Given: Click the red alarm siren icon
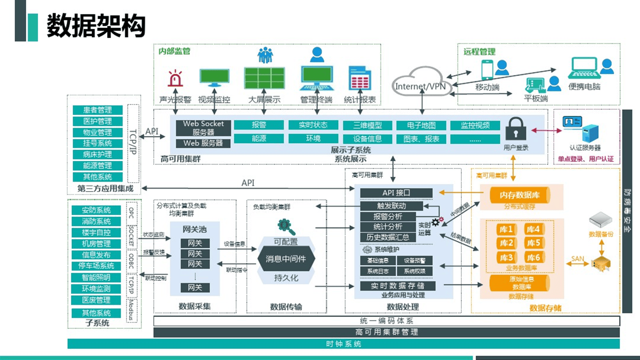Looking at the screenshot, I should pyautogui.click(x=175, y=79).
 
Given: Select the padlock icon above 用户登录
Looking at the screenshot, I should pyautogui.click(x=516, y=129).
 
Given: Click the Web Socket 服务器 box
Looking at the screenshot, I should pyautogui.click(x=203, y=128).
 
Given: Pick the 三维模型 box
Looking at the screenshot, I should pyautogui.click(x=367, y=125).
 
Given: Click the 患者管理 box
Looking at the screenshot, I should pyautogui.click(x=97, y=110).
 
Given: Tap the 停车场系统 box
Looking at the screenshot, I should pyautogui.click(x=96, y=266).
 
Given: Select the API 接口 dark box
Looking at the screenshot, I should pyautogui.click(x=396, y=193).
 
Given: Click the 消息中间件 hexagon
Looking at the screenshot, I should pyautogui.click(x=286, y=259).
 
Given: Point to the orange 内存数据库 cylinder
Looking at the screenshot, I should pyautogui.click(x=520, y=195).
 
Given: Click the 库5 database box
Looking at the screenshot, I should pyautogui.click(x=533, y=243).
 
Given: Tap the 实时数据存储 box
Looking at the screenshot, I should pyautogui.click(x=397, y=285).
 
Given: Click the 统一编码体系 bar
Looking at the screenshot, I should pyautogui.click(x=386, y=321).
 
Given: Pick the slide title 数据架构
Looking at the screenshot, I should pyautogui.click(x=96, y=26).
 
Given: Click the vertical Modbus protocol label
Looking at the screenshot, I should pyautogui.click(x=131, y=310).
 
